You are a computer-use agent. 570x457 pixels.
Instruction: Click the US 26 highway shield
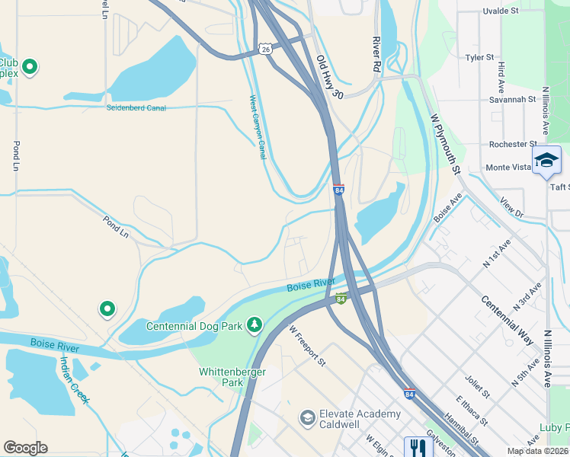[x=264, y=48]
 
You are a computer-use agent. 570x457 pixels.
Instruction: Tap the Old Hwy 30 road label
[x=331, y=75]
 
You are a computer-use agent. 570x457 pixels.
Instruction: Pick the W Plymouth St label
[x=446, y=145]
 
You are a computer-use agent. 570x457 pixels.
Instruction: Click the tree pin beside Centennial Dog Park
[x=254, y=326]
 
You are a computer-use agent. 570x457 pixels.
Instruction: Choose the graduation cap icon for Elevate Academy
[x=307, y=417]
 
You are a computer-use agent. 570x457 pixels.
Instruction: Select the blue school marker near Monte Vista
[x=546, y=160]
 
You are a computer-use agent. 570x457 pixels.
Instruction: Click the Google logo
[x=25, y=448]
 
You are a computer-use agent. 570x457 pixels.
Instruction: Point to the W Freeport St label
[x=307, y=347]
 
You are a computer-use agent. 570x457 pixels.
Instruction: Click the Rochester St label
[x=508, y=144]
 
